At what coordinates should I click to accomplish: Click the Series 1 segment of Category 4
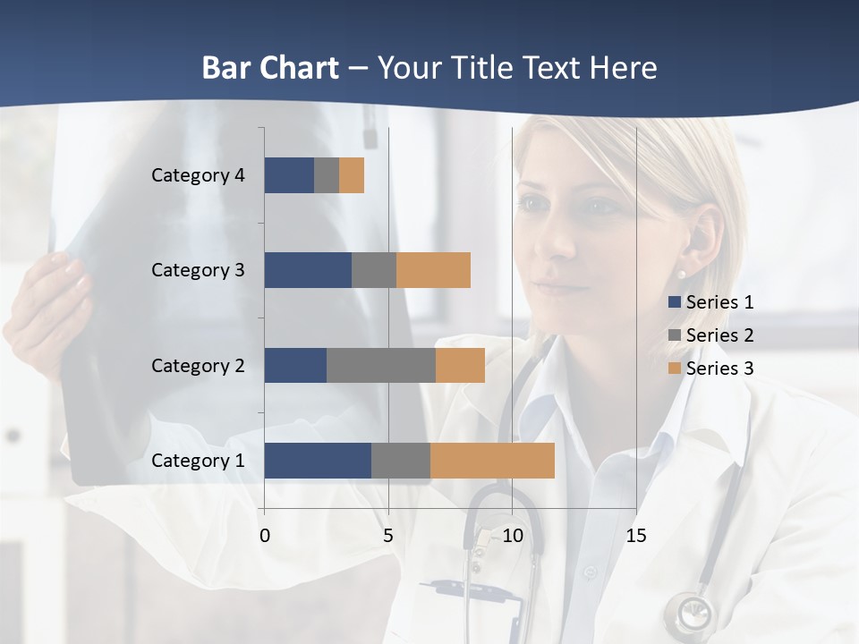point(289,175)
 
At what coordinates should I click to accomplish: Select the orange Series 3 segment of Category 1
point(492,461)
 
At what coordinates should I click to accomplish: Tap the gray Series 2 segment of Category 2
point(381,366)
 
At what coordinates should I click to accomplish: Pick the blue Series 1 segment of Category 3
point(308,270)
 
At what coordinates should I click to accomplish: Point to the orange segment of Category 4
point(352,175)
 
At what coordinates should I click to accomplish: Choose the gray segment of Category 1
point(401,461)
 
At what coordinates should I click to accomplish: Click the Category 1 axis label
point(198,461)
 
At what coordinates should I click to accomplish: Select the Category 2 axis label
point(198,366)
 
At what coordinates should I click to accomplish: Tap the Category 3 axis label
point(198,270)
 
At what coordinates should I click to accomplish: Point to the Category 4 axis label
point(198,175)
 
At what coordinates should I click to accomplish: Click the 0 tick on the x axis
point(265,536)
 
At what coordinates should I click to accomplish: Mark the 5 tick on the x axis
point(388,536)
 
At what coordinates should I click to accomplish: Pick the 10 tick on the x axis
point(512,536)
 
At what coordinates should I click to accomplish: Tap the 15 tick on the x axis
point(635,536)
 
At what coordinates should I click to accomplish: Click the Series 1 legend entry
point(711,302)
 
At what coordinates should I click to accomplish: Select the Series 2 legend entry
point(711,335)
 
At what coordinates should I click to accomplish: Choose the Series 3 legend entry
point(711,368)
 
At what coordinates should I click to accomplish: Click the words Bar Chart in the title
point(270,68)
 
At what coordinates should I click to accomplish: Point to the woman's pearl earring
point(682,275)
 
